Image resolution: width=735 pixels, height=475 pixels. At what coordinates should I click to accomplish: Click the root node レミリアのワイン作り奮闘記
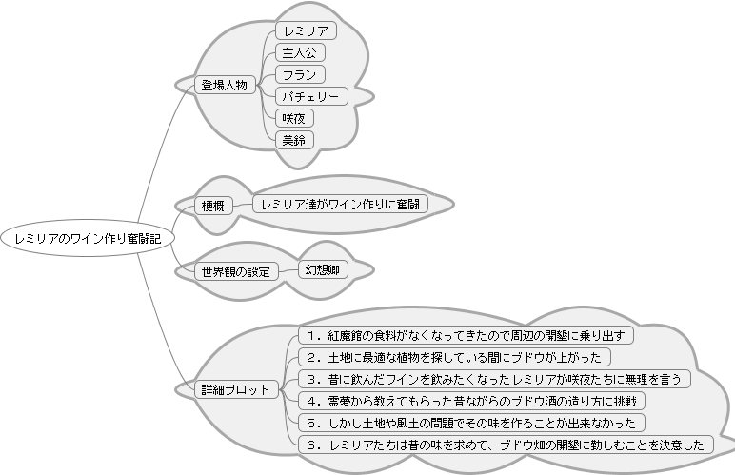(x=88, y=238)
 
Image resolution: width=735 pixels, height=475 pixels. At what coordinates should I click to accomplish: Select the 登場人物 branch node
(x=225, y=86)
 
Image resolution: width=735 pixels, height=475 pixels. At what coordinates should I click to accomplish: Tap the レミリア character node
(x=307, y=30)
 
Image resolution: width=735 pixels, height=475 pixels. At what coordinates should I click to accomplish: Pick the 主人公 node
(x=300, y=52)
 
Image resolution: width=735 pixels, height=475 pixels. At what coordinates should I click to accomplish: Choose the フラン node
(x=300, y=74)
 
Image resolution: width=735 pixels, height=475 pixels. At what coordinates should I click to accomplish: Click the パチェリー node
(x=311, y=96)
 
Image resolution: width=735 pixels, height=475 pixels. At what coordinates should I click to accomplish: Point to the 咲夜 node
(x=294, y=118)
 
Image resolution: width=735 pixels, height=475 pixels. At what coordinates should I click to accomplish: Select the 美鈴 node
(x=294, y=140)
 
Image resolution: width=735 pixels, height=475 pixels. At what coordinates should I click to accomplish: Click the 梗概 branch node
(x=213, y=206)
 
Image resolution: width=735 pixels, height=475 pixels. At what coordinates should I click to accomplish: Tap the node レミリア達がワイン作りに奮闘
(x=340, y=205)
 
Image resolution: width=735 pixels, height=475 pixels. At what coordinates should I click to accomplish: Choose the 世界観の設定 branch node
(x=236, y=271)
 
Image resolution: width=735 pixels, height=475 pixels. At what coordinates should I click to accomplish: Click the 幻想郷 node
(x=323, y=269)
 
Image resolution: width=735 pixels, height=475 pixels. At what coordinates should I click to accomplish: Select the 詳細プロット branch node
(x=236, y=389)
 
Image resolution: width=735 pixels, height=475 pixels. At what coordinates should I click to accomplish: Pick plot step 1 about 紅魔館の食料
(x=466, y=335)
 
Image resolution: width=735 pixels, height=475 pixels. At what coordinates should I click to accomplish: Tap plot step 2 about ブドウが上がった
(x=455, y=357)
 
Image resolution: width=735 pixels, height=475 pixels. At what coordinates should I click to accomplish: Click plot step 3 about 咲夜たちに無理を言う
(x=494, y=379)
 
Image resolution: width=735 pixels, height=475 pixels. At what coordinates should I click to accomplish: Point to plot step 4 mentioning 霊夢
(x=471, y=401)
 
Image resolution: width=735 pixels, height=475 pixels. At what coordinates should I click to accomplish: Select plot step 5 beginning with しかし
(x=471, y=423)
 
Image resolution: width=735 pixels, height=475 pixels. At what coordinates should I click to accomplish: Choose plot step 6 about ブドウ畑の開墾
(x=506, y=445)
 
